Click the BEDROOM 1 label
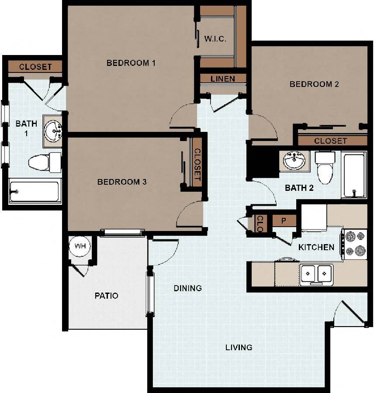(131, 63)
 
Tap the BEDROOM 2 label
(314, 84)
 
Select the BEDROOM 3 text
(121, 182)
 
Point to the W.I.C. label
(215, 39)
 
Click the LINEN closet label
(223, 79)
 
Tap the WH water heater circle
(80, 246)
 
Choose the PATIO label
(107, 296)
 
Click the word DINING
(187, 288)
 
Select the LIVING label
(239, 348)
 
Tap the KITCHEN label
(316, 247)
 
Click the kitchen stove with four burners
(354, 244)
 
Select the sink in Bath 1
(54, 130)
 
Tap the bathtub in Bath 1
(34, 191)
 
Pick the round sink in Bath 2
(294, 161)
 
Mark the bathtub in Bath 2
(353, 175)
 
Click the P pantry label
(283, 221)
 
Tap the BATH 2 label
(299, 189)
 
